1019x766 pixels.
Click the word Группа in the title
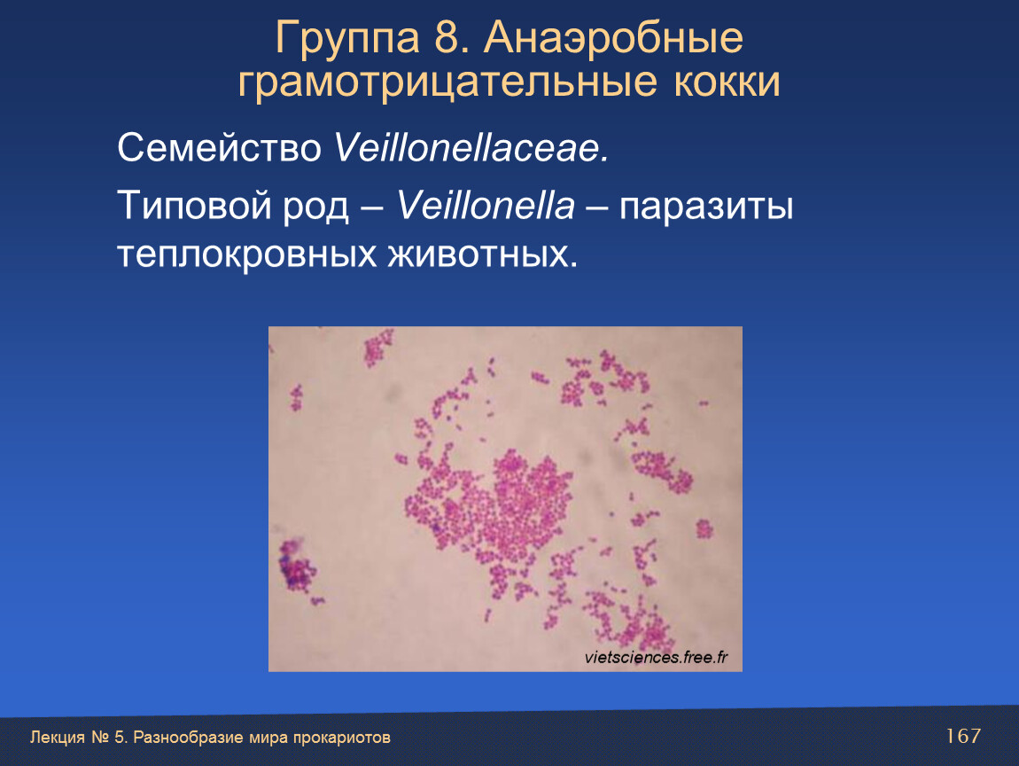point(347,38)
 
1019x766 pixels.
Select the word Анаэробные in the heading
point(613,38)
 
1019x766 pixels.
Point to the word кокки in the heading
point(727,82)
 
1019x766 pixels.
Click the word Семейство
point(219,147)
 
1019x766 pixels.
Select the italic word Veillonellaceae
point(471,147)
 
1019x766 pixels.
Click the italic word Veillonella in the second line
point(486,207)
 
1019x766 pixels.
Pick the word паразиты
point(705,207)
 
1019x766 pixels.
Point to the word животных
point(483,254)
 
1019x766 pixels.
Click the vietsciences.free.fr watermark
point(656,658)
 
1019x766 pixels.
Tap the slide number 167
point(963,736)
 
